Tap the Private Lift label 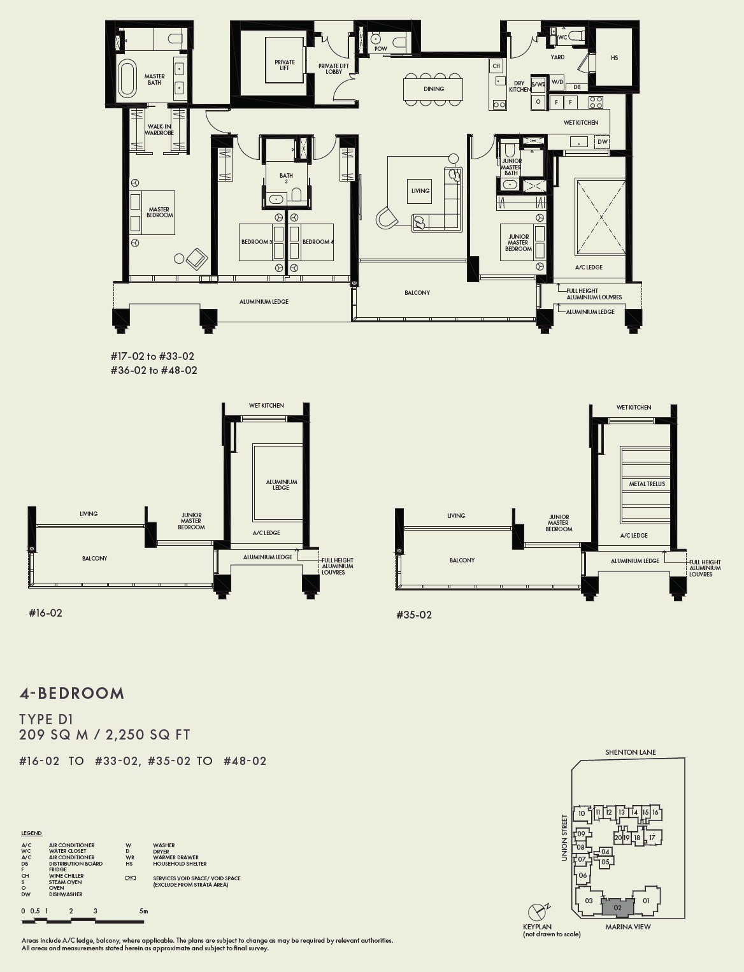pyautogui.click(x=285, y=65)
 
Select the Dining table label pyautogui.click(x=434, y=89)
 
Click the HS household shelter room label pyautogui.click(x=614, y=58)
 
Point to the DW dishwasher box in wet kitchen pyautogui.click(x=603, y=141)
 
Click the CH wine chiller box pyautogui.click(x=496, y=66)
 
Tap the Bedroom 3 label pyautogui.click(x=257, y=242)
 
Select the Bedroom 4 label pyautogui.click(x=318, y=242)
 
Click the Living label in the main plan pyautogui.click(x=420, y=190)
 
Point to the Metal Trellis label pyautogui.click(x=647, y=484)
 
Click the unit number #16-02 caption pyautogui.click(x=46, y=613)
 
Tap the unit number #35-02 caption pyautogui.click(x=414, y=615)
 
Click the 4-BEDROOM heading pyautogui.click(x=72, y=694)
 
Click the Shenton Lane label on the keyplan pyautogui.click(x=630, y=752)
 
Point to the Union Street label pyautogui.click(x=564, y=838)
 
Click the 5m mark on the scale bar pyautogui.click(x=143, y=911)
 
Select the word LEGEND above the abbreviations pyautogui.click(x=31, y=833)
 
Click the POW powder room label pyautogui.click(x=380, y=49)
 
